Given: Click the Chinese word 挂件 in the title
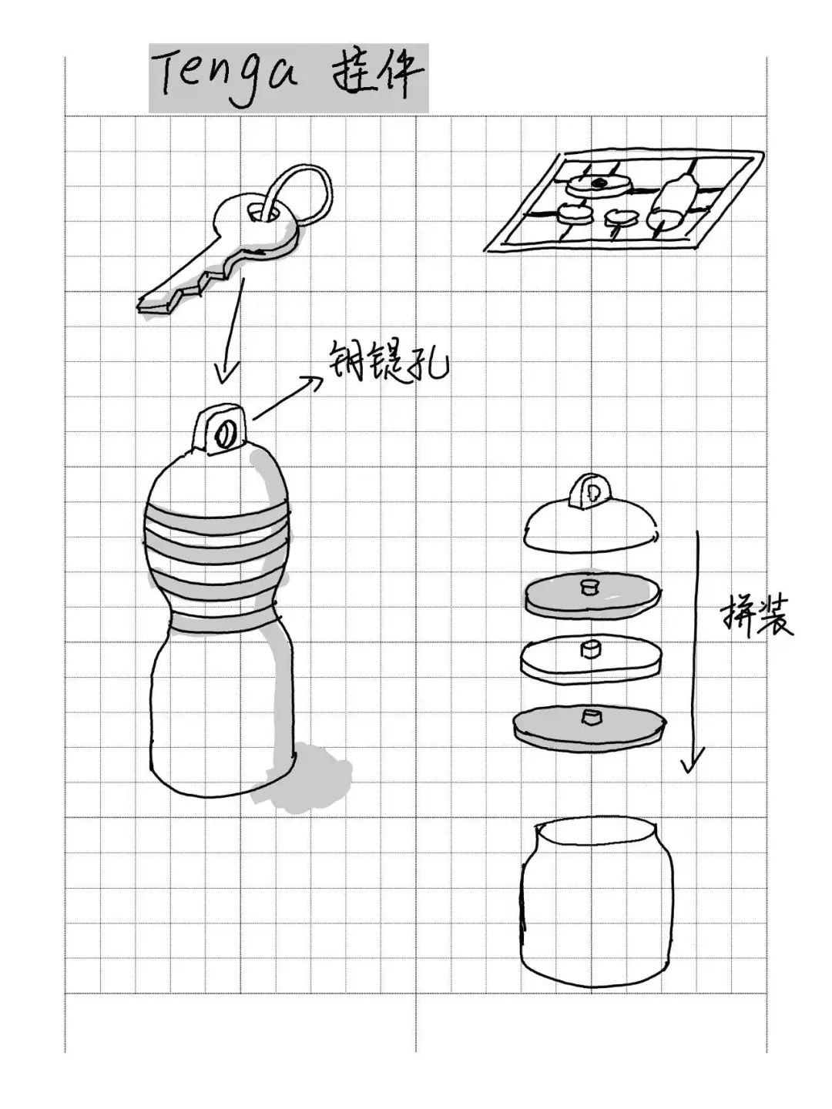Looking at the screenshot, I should pyautogui.click(x=377, y=75).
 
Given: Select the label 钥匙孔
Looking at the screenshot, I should pyautogui.click(x=387, y=360).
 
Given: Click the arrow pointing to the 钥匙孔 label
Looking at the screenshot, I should pyautogui.click(x=285, y=398).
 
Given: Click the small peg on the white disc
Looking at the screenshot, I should pyautogui.click(x=591, y=649).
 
